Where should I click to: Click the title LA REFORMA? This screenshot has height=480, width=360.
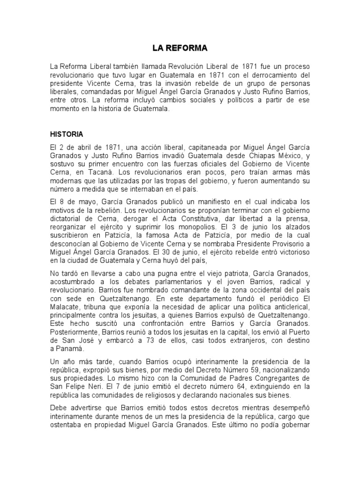(x=180, y=48)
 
